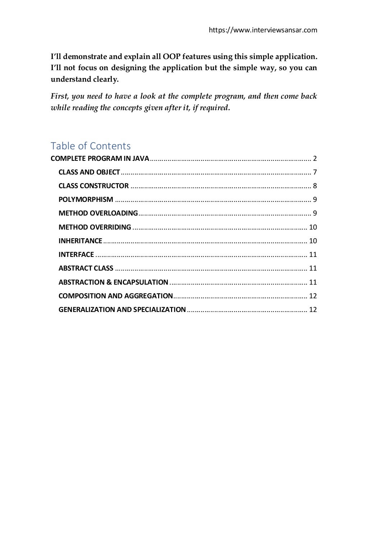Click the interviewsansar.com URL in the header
pyautogui.click(x=263, y=30)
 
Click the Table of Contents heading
pyautogui.click(x=91, y=146)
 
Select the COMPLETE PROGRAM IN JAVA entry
pyautogui.click(x=100, y=159)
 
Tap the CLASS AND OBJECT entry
pyautogui.click(x=89, y=172)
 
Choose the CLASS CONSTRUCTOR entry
pyautogui.click(x=93, y=186)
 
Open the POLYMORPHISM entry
pyautogui.click(x=86, y=200)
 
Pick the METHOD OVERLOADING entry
pyautogui.click(x=98, y=213)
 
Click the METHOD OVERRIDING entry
pyautogui.click(x=95, y=227)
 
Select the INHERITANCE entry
pyautogui.click(x=80, y=241)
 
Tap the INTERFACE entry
pyautogui.click(x=76, y=255)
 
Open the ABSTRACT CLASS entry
pyautogui.click(x=86, y=268)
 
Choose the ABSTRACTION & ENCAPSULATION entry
pyautogui.click(x=113, y=282)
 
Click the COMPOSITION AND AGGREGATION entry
pyautogui.click(x=116, y=296)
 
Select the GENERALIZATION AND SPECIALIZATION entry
pyautogui.click(x=122, y=309)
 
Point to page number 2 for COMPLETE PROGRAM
pyautogui.click(x=315, y=159)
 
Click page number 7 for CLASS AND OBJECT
pyautogui.click(x=315, y=172)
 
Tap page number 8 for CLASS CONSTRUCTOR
pyautogui.click(x=315, y=186)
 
